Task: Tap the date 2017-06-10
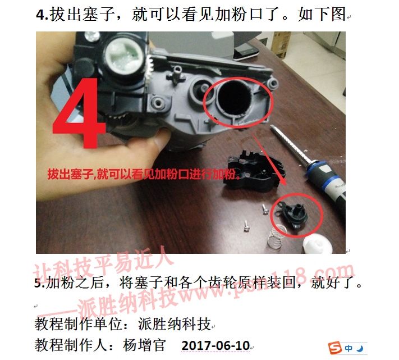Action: click(215, 345)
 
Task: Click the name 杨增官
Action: click(144, 345)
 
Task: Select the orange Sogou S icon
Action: click(335, 348)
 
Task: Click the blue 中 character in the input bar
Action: click(349, 348)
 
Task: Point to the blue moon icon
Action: click(360, 349)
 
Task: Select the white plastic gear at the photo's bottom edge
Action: click(318, 244)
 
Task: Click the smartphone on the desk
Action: click(246, 51)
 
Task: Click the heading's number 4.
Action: click(41, 15)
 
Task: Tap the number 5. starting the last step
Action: click(40, 283)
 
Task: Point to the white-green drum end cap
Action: click(124, 56)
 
